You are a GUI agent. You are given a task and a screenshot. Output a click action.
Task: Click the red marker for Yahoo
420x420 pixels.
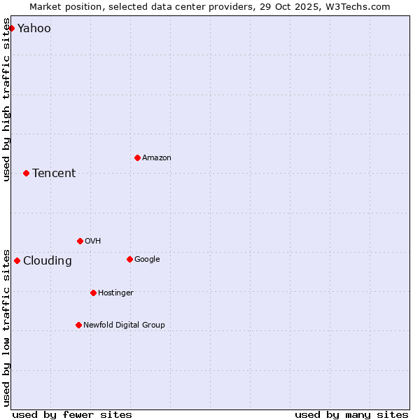11,28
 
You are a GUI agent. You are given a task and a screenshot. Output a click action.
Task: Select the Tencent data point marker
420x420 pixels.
26,173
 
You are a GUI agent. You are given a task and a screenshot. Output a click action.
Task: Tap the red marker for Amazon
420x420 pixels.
137,157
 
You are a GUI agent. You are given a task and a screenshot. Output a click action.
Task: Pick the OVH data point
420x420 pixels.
80,241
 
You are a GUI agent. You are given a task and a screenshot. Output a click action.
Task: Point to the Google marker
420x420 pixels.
129,259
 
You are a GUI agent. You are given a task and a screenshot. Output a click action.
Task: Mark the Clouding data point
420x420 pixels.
17,260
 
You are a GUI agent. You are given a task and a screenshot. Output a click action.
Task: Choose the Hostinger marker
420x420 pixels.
93,293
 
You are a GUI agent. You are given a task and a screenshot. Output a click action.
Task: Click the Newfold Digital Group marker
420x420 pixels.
78,325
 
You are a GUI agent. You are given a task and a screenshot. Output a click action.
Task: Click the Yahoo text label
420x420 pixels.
34,29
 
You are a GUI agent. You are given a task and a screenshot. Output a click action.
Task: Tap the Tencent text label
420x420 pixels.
54,174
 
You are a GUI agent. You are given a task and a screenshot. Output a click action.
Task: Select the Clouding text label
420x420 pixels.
48,261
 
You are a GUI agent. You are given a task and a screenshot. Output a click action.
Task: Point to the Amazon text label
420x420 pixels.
157,158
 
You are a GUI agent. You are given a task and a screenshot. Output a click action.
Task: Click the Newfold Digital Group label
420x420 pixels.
125,325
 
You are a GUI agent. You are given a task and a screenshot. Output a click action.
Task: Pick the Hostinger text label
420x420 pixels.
115,293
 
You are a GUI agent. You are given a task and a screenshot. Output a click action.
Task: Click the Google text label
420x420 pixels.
147,260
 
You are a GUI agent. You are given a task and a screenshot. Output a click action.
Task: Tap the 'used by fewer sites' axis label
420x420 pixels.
72,414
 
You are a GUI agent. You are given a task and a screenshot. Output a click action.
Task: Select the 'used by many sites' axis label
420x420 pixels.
351,414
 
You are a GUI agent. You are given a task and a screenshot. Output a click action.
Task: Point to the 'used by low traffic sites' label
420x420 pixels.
6,327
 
